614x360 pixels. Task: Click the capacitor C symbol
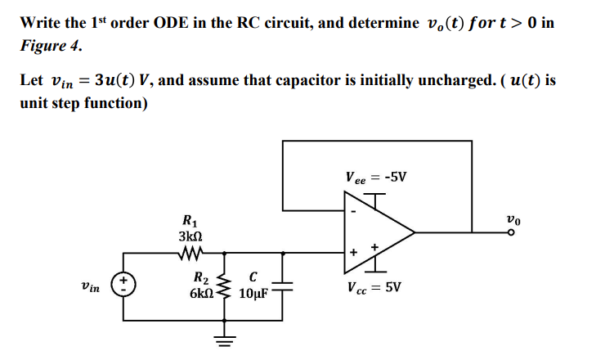(285, 288)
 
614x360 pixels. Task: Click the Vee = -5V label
(375, 177)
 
